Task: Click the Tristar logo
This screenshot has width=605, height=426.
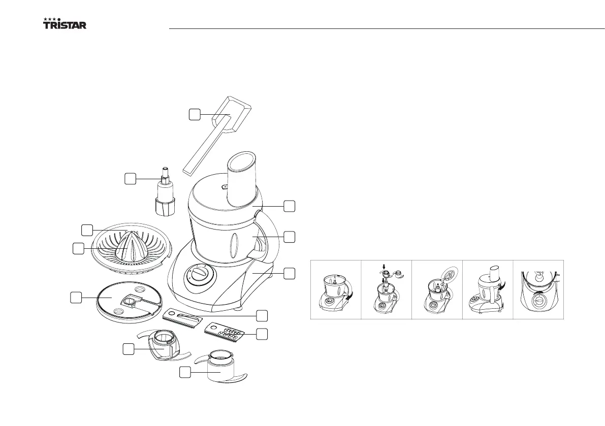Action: click(64, 24)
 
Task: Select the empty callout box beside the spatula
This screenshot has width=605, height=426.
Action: click(195, 115)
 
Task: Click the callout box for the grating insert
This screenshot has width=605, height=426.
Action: click(261, 334)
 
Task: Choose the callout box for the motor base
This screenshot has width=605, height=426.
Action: click(289, 273)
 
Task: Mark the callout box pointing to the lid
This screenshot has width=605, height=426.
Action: click(289, 206)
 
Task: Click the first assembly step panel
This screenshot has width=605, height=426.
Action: click(336, 289)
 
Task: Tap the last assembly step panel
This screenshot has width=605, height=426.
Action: click(539, 289)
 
